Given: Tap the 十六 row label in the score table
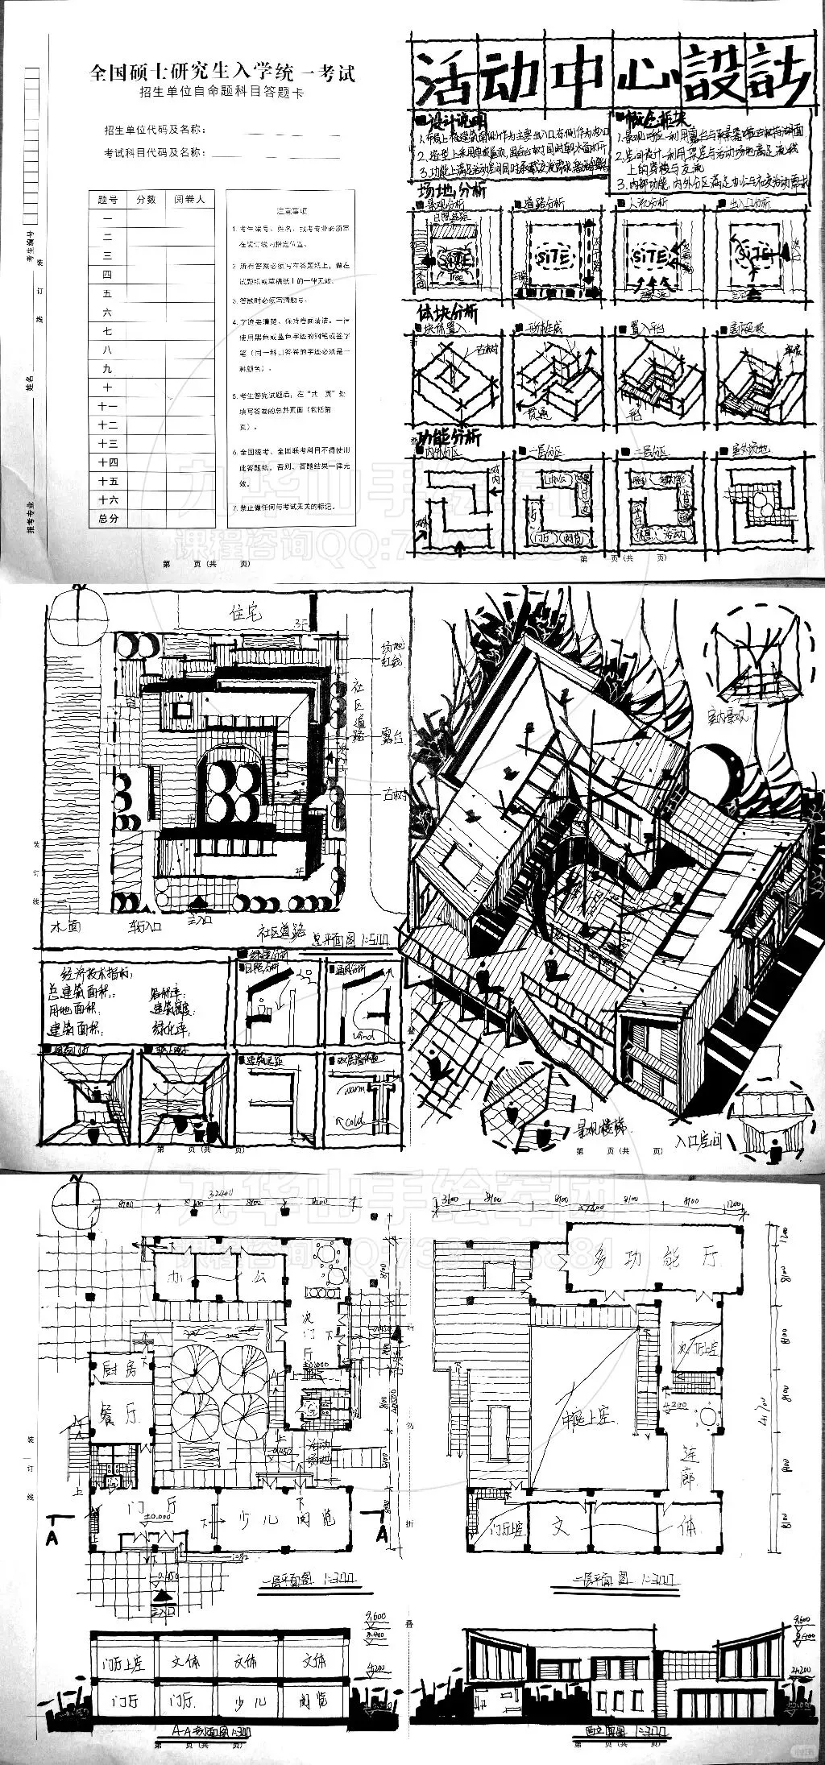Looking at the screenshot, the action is tap(108, 500).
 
